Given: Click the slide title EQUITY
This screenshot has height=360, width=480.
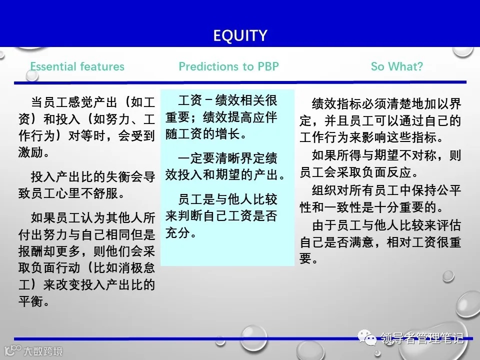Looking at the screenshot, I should click(240, 35).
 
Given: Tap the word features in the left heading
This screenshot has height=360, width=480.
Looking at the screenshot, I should click(102, 66).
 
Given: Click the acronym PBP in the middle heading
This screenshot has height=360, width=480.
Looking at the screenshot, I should click(268, 66).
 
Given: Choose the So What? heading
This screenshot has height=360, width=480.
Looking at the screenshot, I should click(396, 66).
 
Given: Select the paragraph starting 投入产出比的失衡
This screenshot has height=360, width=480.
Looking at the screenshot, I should click(93, 185).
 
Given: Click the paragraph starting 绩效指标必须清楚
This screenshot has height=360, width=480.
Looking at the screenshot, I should click(380, 120).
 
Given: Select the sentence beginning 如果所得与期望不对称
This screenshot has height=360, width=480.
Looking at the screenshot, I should click(380, 163).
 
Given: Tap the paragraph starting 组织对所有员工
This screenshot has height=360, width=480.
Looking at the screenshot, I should click(380, 198).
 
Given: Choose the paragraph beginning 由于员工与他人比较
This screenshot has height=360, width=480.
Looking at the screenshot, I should click(380, 242).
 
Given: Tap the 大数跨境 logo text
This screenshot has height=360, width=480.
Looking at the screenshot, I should click(44, 351).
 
